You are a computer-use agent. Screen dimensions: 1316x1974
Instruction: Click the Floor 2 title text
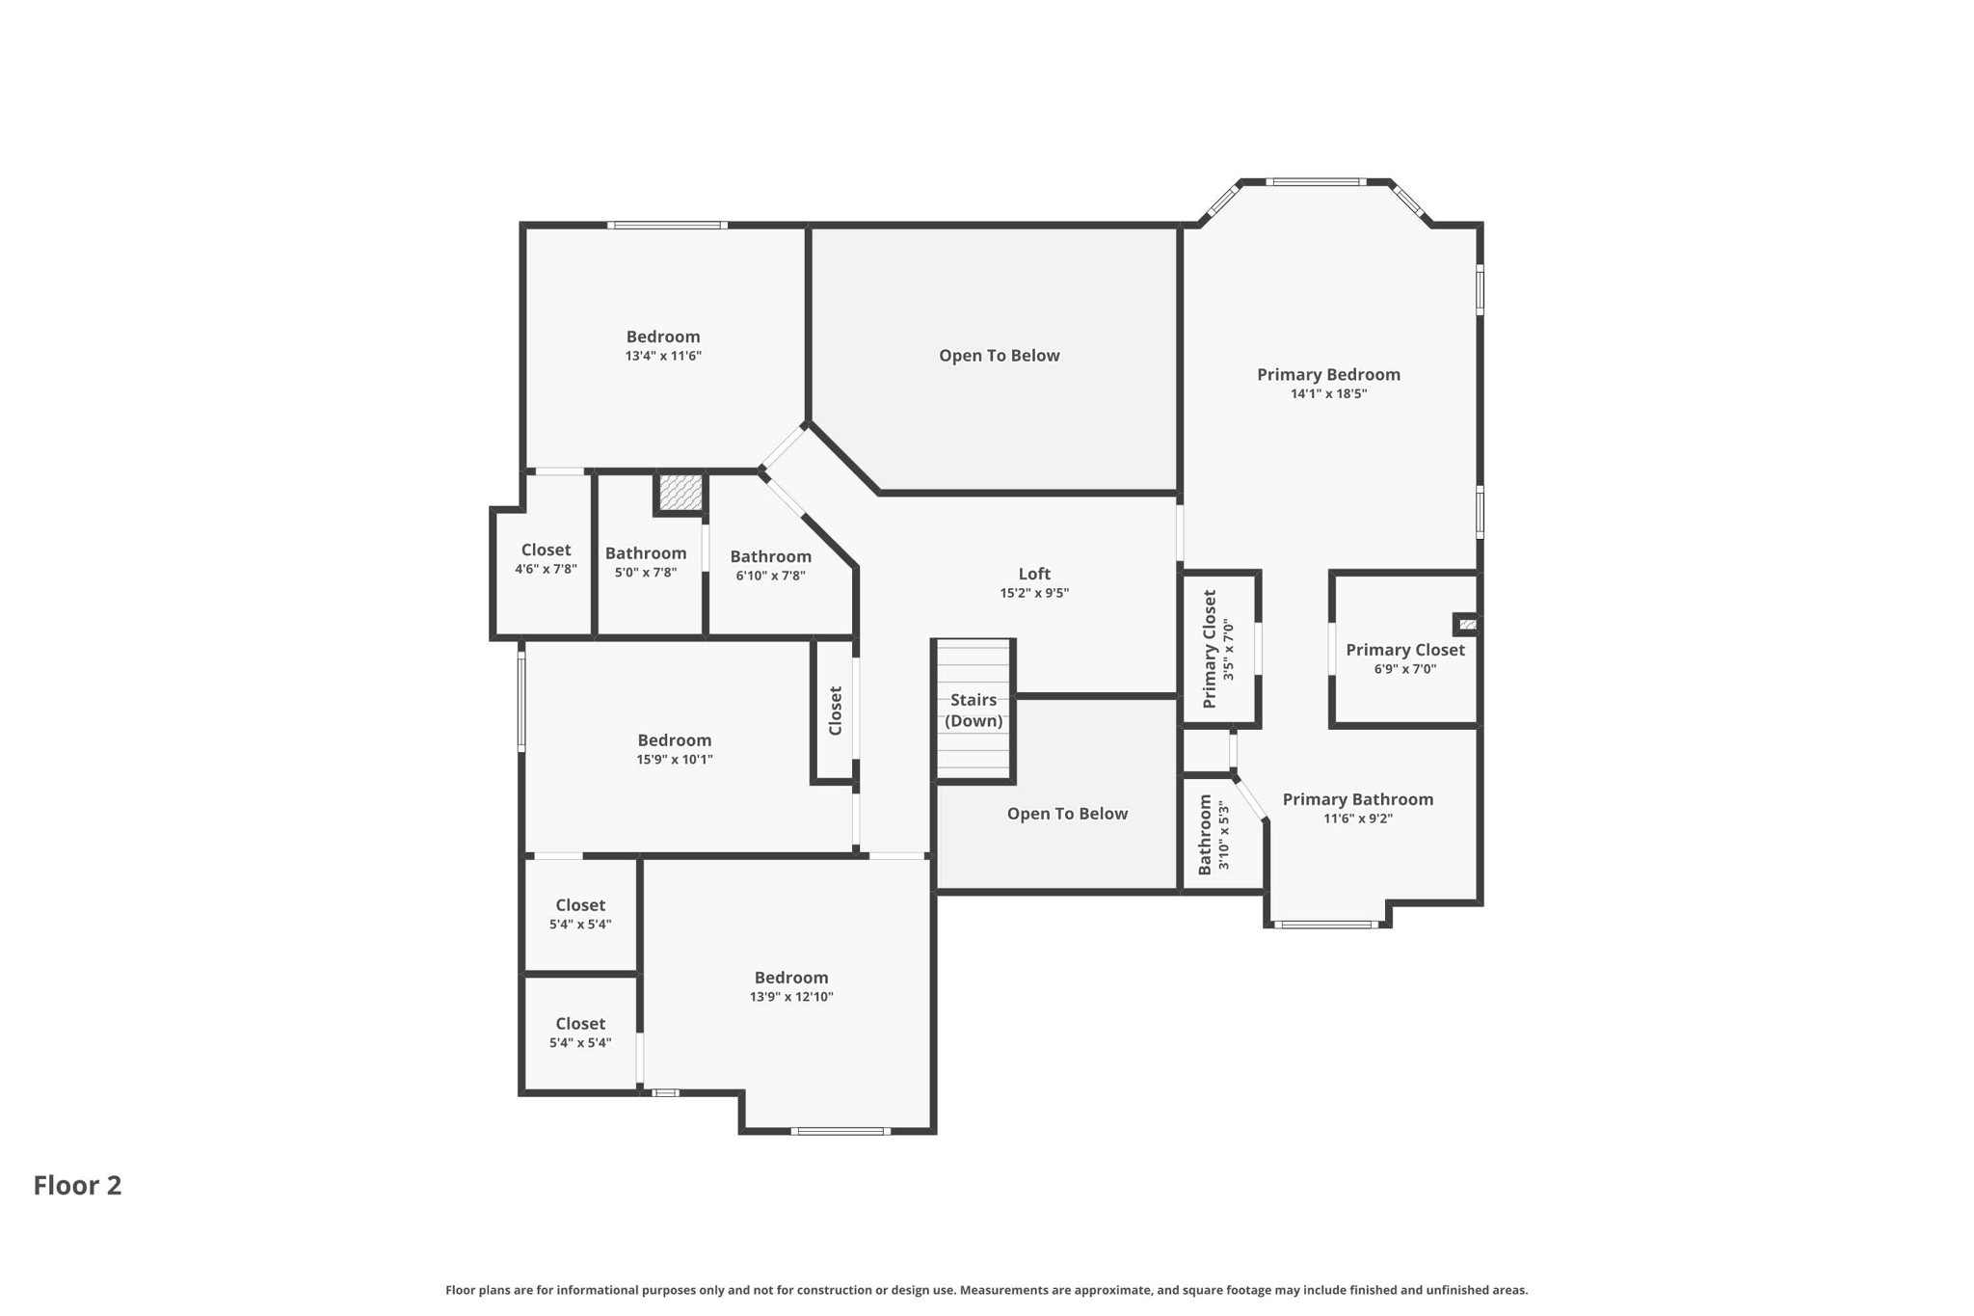pos(77,1185)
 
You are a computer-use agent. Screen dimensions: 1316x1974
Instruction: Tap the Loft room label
pos(1034,574)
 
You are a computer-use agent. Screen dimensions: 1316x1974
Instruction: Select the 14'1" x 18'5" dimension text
pos(1328,393)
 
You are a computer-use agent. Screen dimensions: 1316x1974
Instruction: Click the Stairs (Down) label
pos(974,711)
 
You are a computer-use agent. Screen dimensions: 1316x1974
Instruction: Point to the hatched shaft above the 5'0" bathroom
pos(680,493)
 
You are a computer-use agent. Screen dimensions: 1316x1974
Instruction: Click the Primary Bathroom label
pos(1357,799)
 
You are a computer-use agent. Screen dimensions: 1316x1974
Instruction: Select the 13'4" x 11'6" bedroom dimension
pos(663,356)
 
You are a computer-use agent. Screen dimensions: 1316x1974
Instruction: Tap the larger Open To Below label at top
pos(999,356)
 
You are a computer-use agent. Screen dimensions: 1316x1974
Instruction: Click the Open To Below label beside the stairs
pos(1067,814)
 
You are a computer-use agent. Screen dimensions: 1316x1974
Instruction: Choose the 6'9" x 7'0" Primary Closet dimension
pos(1404,669)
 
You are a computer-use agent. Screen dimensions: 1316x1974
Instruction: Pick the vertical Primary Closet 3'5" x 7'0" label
pos(1218,650)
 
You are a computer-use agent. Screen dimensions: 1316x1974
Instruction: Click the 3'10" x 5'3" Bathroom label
pos(1214,835)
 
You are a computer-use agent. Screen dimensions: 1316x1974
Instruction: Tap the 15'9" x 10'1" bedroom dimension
pos(674,760)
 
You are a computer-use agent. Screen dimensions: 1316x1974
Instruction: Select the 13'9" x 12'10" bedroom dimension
pos(790,997)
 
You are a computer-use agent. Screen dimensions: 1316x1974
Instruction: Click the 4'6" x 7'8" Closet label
pos(546,559)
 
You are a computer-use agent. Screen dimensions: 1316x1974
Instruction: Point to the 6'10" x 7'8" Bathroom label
pos(770,566)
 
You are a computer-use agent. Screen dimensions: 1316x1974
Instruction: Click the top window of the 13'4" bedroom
pos(667,226)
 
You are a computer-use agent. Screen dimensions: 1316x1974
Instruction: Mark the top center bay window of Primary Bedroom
pos(1315,181)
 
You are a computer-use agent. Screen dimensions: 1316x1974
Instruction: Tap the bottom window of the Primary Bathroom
pos(1326,925)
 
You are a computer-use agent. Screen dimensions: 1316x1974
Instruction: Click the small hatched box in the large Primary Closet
pos(1467,625)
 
